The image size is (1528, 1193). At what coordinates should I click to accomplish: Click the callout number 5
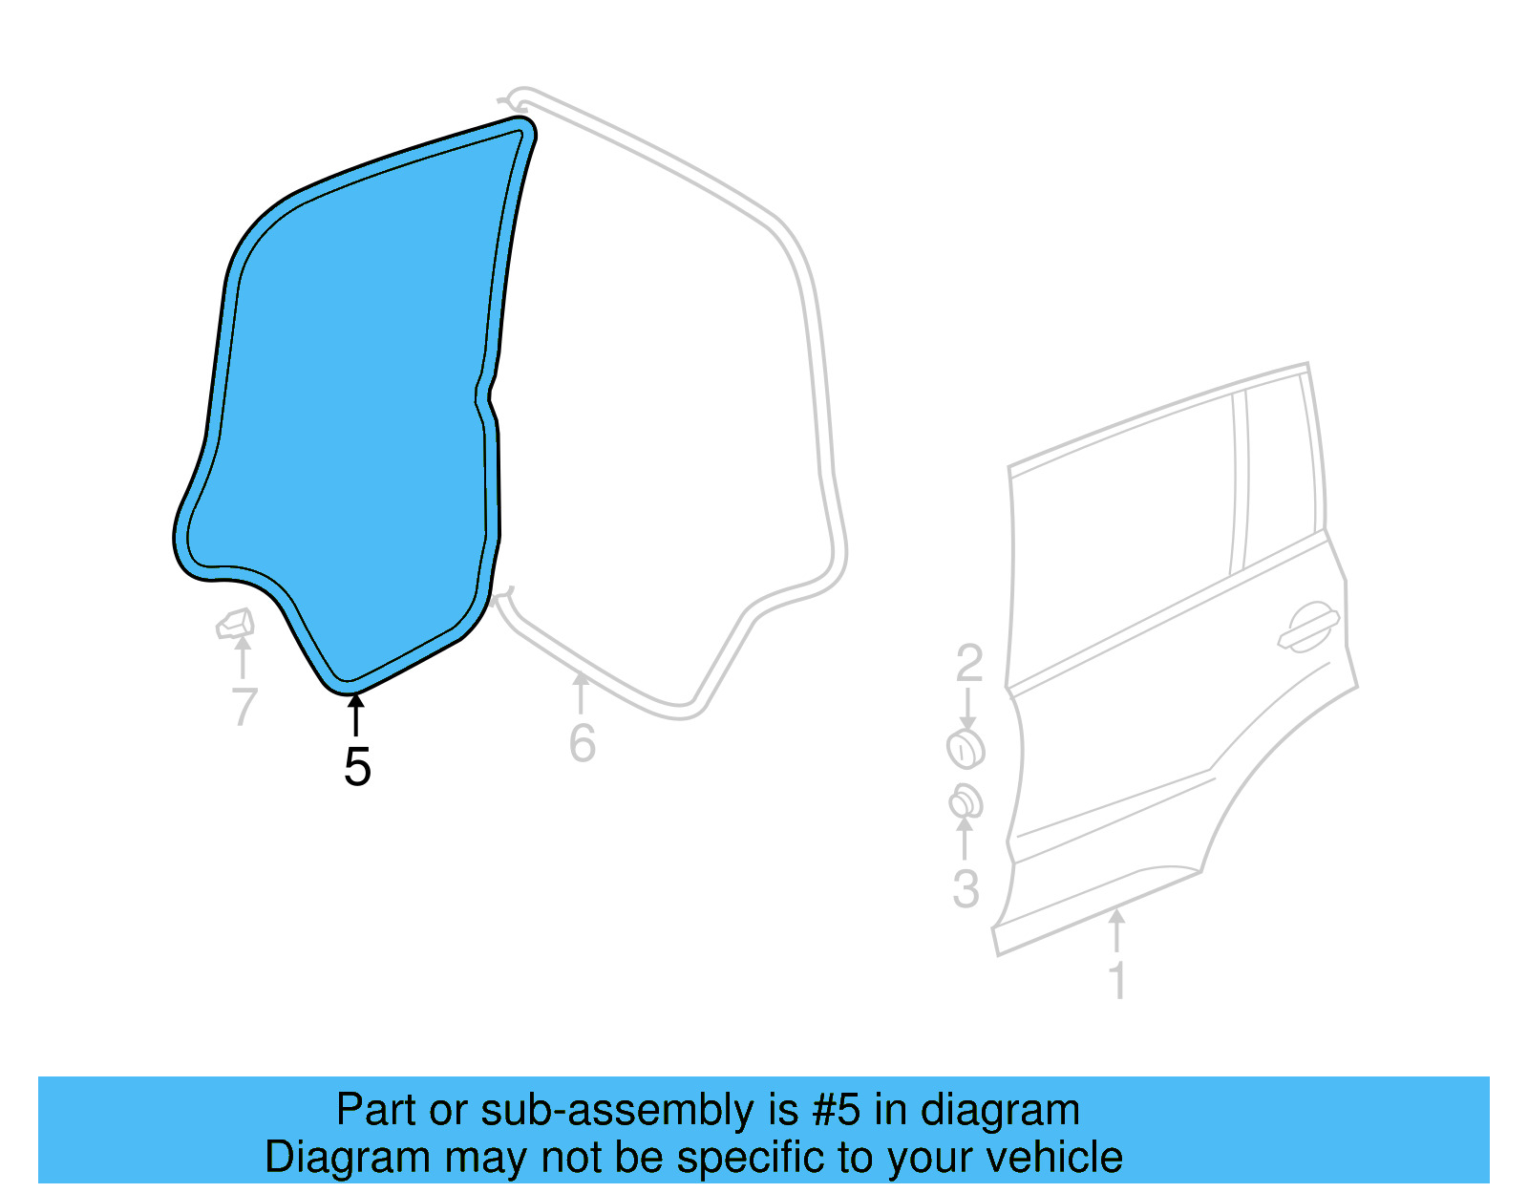click(357, 766)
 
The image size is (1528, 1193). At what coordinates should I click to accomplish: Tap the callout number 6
click(582, 743)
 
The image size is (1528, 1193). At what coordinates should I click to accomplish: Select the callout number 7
click(244, 708)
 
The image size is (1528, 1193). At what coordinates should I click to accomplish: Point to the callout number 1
click(1116, 981)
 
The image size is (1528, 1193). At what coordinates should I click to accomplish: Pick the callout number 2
click(968, 663)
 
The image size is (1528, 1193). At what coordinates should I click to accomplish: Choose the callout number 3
click(966, 888)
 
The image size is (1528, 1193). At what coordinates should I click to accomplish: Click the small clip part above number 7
click(235, 624)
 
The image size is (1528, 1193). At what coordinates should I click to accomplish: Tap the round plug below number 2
click(966, 749)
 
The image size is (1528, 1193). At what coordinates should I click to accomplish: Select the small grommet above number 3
click(966, 801)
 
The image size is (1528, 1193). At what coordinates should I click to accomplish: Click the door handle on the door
click(1309, 627)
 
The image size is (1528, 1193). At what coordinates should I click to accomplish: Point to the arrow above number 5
click(355, 715)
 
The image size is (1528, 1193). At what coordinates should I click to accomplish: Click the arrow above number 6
click(581, 692)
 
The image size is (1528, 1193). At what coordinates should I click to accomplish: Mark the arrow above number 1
click(1116, 930)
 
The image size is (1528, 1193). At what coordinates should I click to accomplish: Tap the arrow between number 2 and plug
click(967, 709)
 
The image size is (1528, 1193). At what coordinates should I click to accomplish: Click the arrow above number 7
click(243, 658)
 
